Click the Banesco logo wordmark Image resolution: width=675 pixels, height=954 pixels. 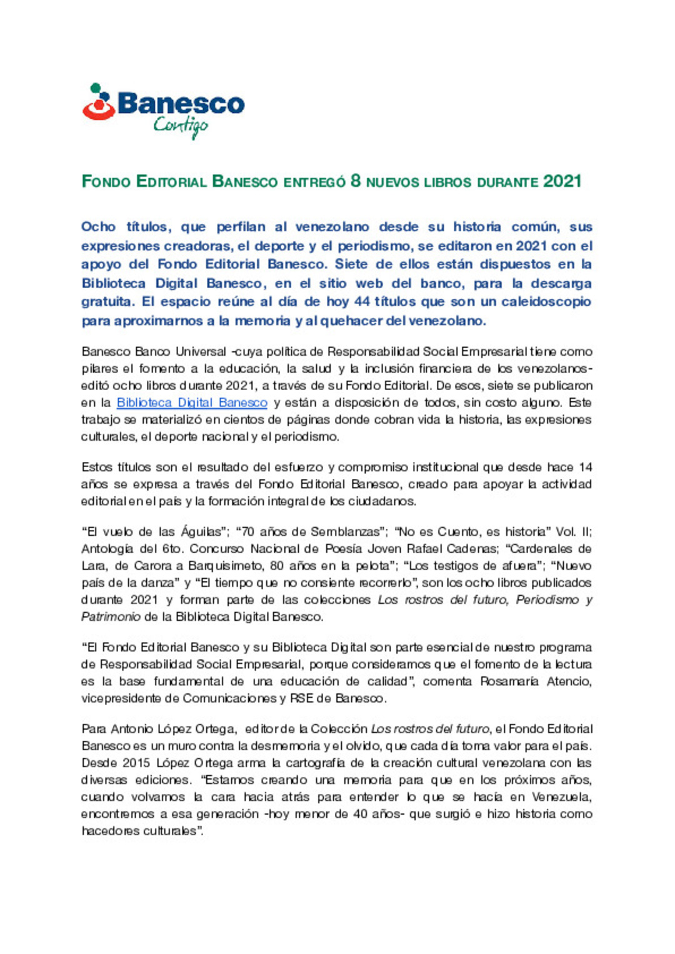(x=181, y=104)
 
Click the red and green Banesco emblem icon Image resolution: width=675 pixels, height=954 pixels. (x=98, y=102)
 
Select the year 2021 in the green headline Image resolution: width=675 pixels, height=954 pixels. (x=562, y=182)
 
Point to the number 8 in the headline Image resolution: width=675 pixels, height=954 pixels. (x=356, y=181)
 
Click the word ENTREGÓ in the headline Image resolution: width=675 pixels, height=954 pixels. (x=314, y=183)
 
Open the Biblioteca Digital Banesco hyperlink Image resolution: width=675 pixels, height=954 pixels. (x=192, y=403)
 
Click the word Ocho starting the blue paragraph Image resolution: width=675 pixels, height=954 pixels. (x=98, y=227)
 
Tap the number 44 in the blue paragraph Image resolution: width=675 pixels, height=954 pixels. (x=362, y=302)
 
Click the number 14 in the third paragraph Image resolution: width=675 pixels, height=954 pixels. (x=585, y=468)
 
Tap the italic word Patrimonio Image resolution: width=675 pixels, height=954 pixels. (x=111, y=617)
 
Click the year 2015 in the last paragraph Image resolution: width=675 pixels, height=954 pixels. (x=136, y=763)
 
